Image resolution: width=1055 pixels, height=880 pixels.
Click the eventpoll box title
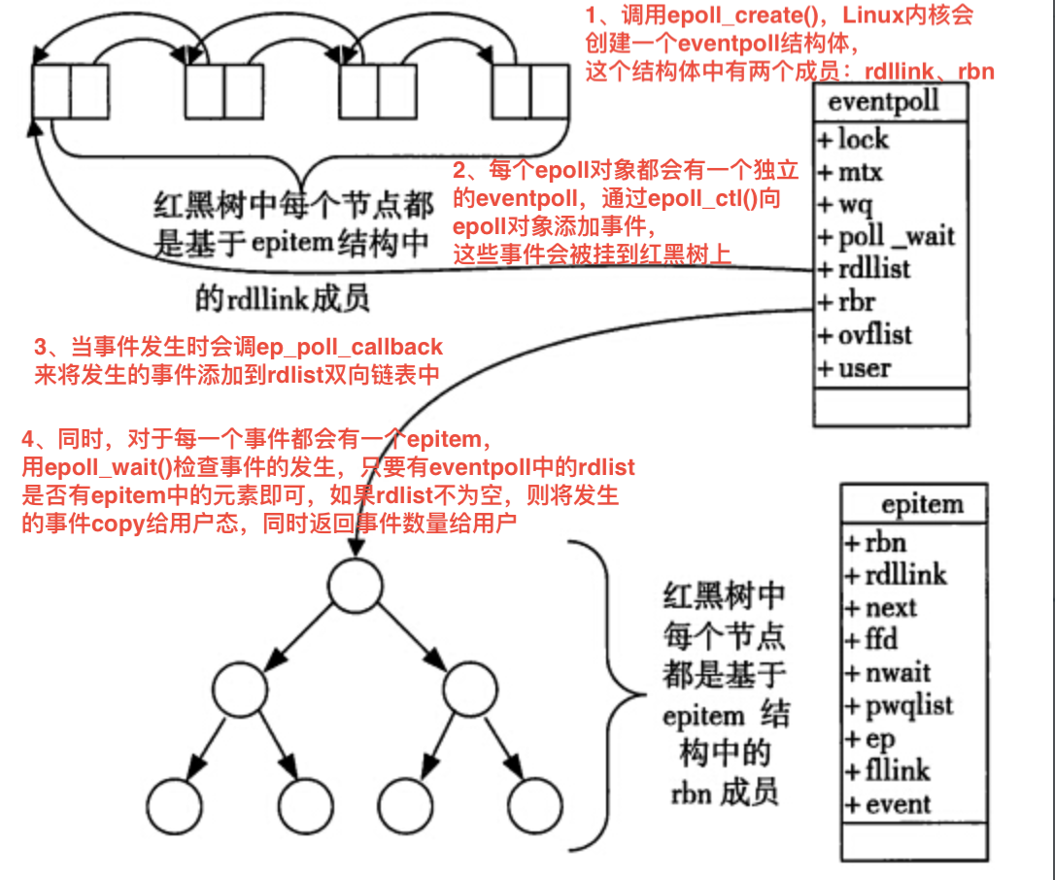883,100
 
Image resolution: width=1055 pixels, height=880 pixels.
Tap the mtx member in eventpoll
851,173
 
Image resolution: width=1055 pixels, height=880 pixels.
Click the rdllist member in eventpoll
864,269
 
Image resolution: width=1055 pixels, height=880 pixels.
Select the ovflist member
865,335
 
